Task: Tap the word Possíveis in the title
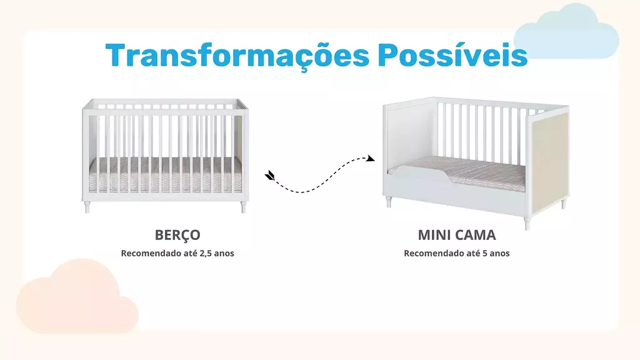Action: click(x=452, y=54)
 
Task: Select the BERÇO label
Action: click(x=177, y=236)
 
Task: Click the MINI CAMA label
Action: click(x=457, y=235)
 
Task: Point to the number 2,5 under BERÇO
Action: click(x=206, y=254)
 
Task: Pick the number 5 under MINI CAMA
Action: click(x=485, y=253)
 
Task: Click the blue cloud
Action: click(x=566, y=32)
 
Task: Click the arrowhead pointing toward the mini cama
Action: click(x=371, y=158)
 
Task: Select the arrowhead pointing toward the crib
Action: click(x=269, y=176)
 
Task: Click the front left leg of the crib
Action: click(x=87, y=207)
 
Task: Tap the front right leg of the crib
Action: click(x=243, y=207)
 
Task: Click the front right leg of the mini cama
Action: click(x=527, y=223)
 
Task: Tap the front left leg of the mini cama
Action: click(x=388, y=202)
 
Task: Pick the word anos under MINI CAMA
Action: click(x=500, y=254)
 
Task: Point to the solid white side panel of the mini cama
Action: click(x=409, y=135)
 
